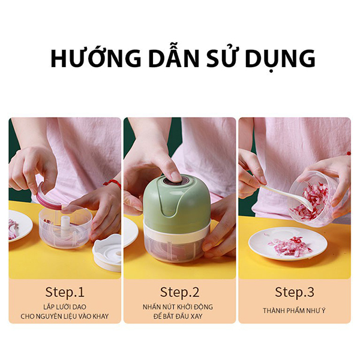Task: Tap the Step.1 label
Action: pyautogui.click(x=65, y=292)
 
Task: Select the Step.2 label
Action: pyautogui.click(x=179, y=292)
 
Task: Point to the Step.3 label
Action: pyautogui.click(x=294, y=292)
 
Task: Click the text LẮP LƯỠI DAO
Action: pyautogui.click(x=65, y=307)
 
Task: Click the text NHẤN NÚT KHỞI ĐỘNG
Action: pyautogui.click(x=179, y=307)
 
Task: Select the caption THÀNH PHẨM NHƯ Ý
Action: pyautogui.click(x=294, y=311)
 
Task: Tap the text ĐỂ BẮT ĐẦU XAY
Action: pyautogui.click(x=179, y=316)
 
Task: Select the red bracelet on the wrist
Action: pyautogui.click(x=112, y=184)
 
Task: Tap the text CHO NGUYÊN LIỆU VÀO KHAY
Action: pyautogui.click(x=65, y=316)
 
